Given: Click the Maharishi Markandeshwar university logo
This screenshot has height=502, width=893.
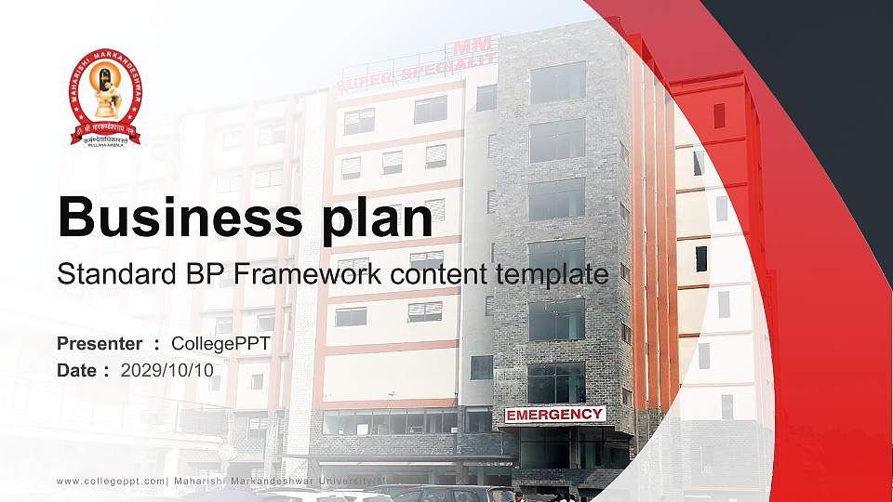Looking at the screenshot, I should (104, 97).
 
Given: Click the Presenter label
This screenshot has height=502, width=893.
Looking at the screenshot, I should (100, 344).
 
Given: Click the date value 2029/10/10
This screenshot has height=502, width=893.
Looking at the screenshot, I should (167, 370).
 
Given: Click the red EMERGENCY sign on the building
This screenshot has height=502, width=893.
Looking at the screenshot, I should (554, 414).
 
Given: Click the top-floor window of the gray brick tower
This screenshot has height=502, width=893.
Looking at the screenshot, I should (556, 83).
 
